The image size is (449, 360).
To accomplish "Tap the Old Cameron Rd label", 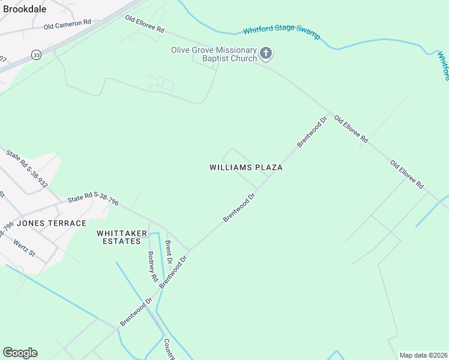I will (x=67, y=24).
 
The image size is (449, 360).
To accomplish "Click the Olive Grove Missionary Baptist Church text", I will (x=214, y=54).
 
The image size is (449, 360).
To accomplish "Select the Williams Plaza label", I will (x=246, y=167).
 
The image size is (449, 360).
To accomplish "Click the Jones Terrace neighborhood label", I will (x=52, y=223).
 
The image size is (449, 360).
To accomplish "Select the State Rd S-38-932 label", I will (x=27, y=170).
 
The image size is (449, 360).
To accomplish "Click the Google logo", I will (x=20, y=353).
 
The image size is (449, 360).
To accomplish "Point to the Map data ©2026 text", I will (x=423, y=355).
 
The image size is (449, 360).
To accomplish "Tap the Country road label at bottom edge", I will (x=169, y=349).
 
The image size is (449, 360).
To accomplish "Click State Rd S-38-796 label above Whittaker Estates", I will (x=93, y=199).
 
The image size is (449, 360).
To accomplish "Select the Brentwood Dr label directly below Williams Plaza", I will (x=240, y=208).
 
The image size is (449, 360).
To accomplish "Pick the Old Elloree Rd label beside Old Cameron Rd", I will (x=145, y=25).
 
